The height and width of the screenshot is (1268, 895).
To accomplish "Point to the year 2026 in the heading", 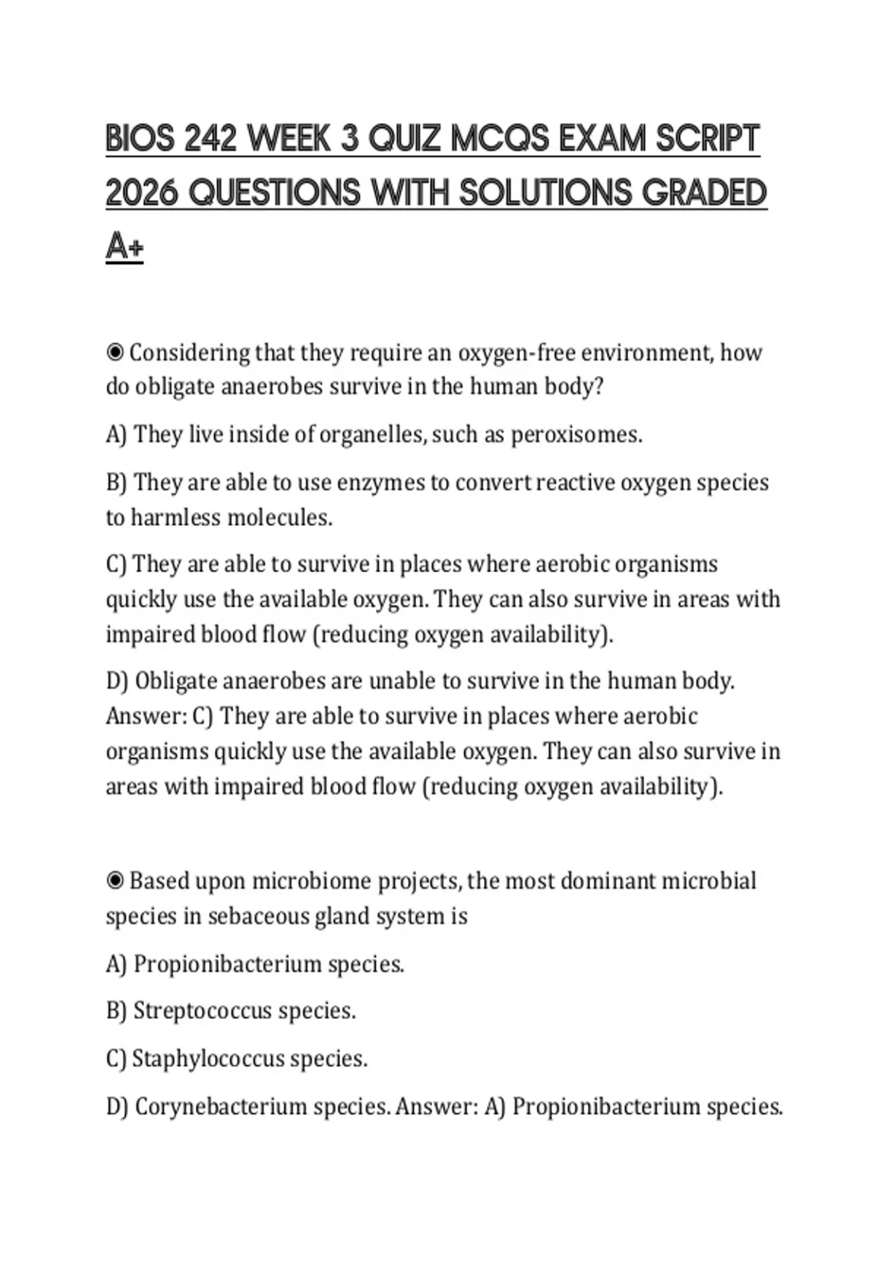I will pos(142,193).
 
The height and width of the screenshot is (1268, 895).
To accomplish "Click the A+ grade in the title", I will pos(125,246).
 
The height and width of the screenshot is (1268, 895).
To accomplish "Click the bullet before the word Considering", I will pos(115,352).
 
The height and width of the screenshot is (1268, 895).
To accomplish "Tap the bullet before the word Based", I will pos(115,881).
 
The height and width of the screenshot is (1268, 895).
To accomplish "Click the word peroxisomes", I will pos(575,434).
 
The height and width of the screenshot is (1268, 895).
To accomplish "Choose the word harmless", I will pos(175,518).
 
